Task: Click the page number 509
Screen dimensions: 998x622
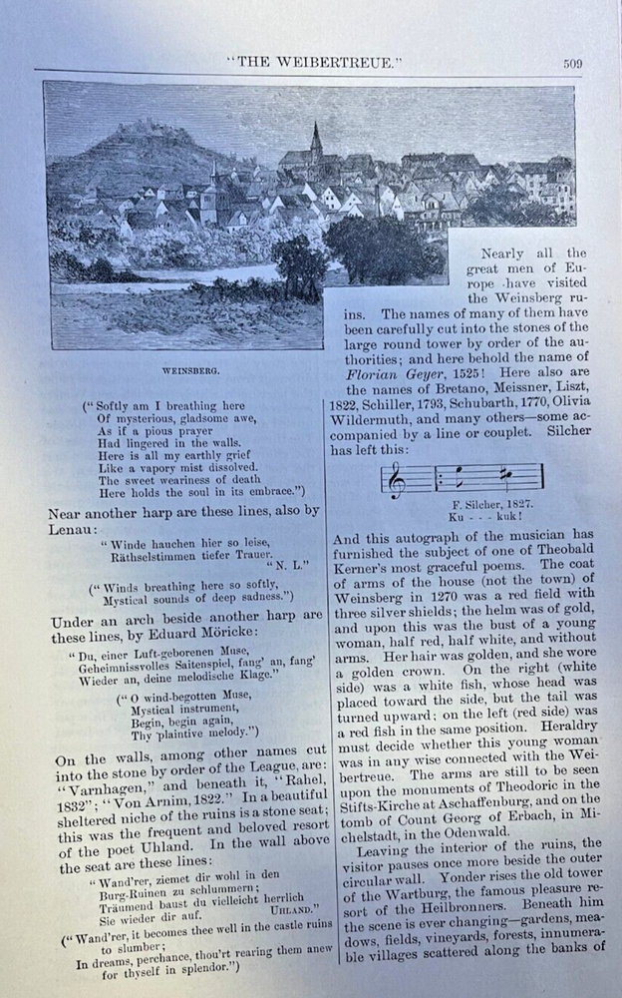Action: click(x=571, y=64)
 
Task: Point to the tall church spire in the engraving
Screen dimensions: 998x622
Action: click(x=316, y=141)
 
